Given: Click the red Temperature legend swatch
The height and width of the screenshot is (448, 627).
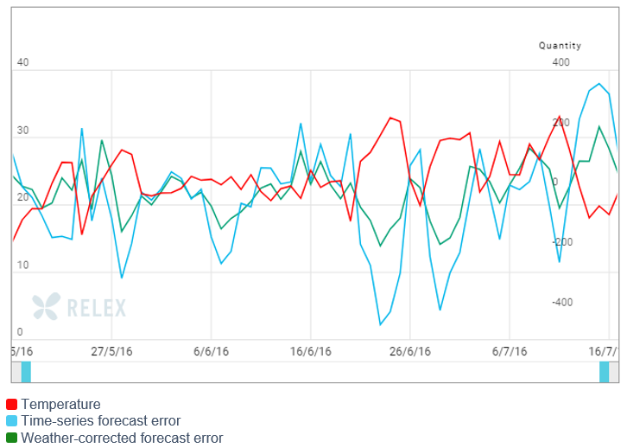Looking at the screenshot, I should pyautogui.click(x=12, y=405).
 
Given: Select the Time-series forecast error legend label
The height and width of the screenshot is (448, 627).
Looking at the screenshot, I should pyautogui.click(x=100, y=421).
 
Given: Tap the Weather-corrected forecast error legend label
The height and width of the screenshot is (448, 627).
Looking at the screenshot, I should pyautogui.click(x=122, y=438).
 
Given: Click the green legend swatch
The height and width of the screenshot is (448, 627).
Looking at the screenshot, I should pyautogui.click(x=12, y=438).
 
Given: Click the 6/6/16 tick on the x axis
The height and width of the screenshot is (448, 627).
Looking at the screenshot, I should pyautogui.click(x=211, y=352).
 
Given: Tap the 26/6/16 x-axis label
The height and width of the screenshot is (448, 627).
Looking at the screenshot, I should pyautogui.click(x=410, y=352).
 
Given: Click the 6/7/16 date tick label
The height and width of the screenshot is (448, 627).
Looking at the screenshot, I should pyautogui.click(x=510, y=352).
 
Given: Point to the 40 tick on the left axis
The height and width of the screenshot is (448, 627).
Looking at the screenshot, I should pyautogui.click(x=22, y=63).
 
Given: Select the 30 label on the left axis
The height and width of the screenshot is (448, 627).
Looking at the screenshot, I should pyautogui.click(x=22, y=131).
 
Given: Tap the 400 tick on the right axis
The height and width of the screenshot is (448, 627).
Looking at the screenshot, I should pyautogui.click(x=561, y=63).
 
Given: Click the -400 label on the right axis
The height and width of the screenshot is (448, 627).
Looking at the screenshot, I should pyautogui.click(x=561, y=302).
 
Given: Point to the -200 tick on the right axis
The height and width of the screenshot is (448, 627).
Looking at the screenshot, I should pyautogui.click(x=561, y=241).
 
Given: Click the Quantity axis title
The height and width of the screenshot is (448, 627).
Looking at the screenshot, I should pyautogui.click(x=560, y=46).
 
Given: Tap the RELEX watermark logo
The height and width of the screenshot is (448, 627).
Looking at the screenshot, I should pyautogui.click(x=79, y=307).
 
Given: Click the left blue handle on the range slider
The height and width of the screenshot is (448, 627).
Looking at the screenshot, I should pyautogui.click(x=26, y=372).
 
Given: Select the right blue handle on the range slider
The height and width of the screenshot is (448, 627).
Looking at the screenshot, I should pyautogui.click(x=605, y=372).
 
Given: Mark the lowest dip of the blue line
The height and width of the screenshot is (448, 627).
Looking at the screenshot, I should pyautogui.click(x=380, y=325).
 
